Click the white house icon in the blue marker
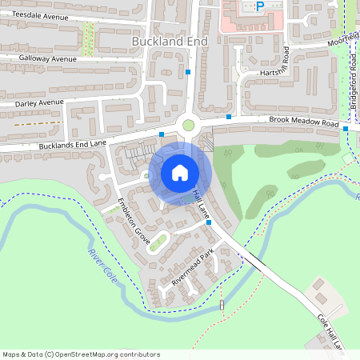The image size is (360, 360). pos(179,172)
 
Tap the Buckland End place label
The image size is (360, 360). pos(170,40)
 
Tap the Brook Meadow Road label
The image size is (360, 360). pos(304,122)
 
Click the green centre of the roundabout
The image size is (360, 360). pos(189,124)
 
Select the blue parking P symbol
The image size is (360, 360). pos(259,6)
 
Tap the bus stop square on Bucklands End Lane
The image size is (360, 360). pos(162,134)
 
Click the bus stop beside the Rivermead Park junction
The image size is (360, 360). pos(209,222)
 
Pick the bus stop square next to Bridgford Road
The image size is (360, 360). pos(346,128)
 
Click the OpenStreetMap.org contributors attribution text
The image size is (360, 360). pos(103,354)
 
